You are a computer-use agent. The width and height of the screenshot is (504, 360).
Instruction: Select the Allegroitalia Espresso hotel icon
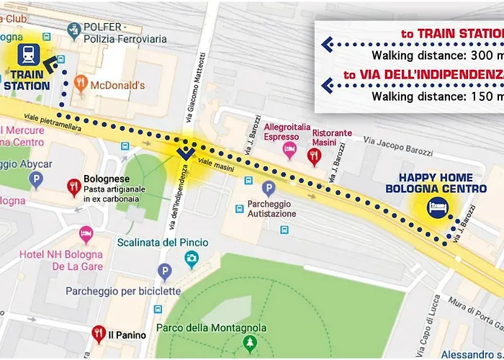tap(289, 150)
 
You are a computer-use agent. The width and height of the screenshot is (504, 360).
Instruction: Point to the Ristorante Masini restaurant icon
tap(313, 156)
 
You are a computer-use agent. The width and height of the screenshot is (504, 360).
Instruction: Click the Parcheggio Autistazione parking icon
tap(269, 189)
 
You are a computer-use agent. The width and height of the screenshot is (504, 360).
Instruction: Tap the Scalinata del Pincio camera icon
tap(191, 258)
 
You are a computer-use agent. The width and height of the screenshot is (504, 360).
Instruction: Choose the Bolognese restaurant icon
tap(73, 187)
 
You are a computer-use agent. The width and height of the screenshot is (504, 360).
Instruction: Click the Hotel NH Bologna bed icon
tap(86, 235)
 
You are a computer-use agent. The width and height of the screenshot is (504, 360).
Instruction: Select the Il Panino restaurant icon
tap(99, 334)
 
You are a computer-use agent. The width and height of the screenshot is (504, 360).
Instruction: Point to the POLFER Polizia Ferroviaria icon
tap(73, 30)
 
